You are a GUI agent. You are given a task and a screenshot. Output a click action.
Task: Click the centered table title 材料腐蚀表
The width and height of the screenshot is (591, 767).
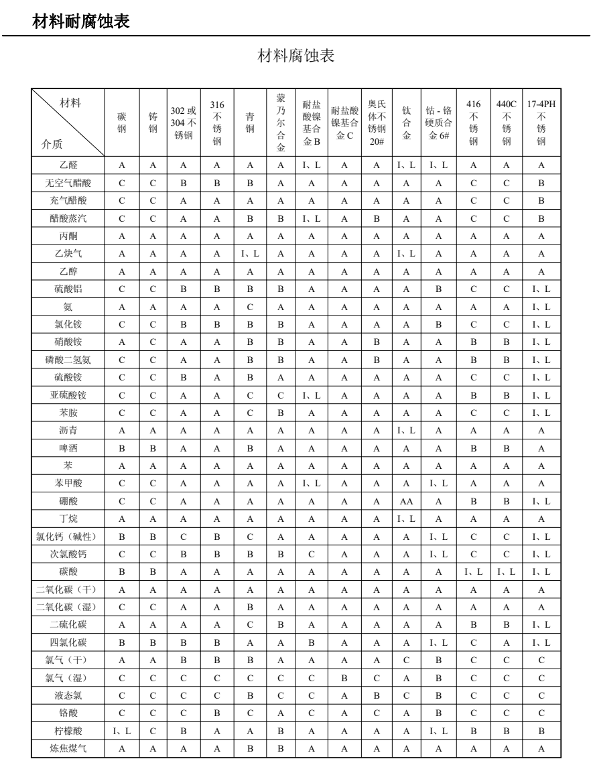[295, 56]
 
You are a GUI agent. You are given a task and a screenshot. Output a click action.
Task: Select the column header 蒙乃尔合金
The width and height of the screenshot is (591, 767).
[281, 122]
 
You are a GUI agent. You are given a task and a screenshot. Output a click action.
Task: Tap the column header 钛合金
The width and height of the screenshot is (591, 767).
[406, 122]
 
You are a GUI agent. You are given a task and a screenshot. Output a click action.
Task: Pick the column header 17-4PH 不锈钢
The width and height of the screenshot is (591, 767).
[541, 122]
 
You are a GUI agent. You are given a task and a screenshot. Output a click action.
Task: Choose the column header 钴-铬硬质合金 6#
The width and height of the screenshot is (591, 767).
[439, 122]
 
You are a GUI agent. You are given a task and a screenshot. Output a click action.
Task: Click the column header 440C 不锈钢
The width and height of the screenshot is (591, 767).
[507, 122]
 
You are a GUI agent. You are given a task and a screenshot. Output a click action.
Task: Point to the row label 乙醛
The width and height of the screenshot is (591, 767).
[68, 165]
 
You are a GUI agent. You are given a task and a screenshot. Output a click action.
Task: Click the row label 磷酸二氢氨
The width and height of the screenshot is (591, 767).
[68, 360]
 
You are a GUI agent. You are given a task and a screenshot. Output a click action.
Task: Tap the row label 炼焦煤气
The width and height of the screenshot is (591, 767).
[68, 749]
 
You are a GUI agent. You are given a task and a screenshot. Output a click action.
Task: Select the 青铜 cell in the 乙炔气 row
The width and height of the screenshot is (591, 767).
[249, 253]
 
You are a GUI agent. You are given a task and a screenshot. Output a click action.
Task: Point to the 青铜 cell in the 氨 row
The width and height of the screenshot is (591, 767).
[249, 305]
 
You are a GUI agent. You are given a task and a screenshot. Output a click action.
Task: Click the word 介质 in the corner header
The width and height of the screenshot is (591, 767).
[52, 143]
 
